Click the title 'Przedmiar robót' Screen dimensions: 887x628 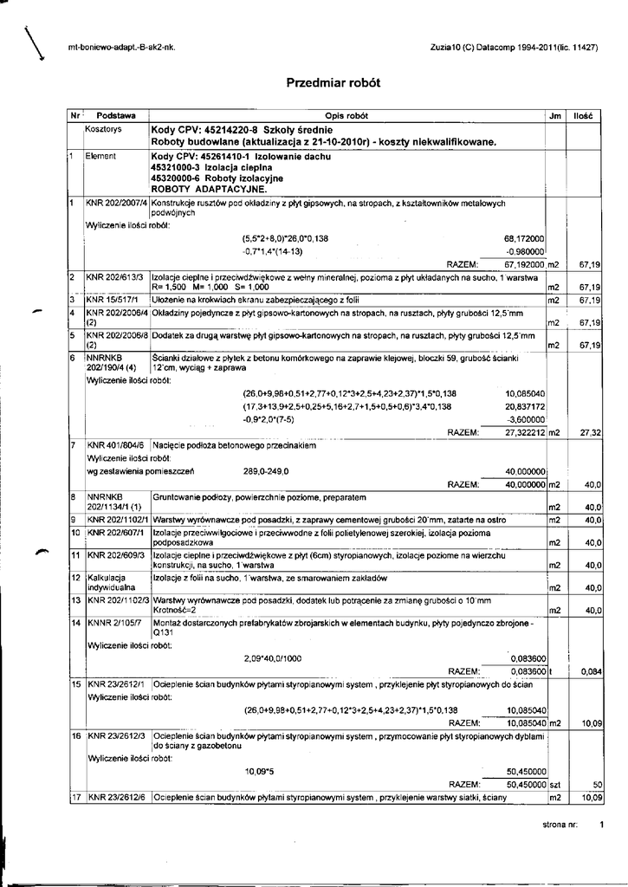pos(333,83)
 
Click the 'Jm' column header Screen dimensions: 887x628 pos(554,115)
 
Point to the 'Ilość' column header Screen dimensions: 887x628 pos(583,115)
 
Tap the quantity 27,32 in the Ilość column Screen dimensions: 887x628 pos(590,431)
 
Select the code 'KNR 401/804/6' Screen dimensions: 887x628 pos(115,445)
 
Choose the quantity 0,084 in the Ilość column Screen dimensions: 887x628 pos(592,671)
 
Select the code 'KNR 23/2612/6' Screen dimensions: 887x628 pos(115,797)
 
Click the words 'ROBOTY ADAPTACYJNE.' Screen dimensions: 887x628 pos(209,187)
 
